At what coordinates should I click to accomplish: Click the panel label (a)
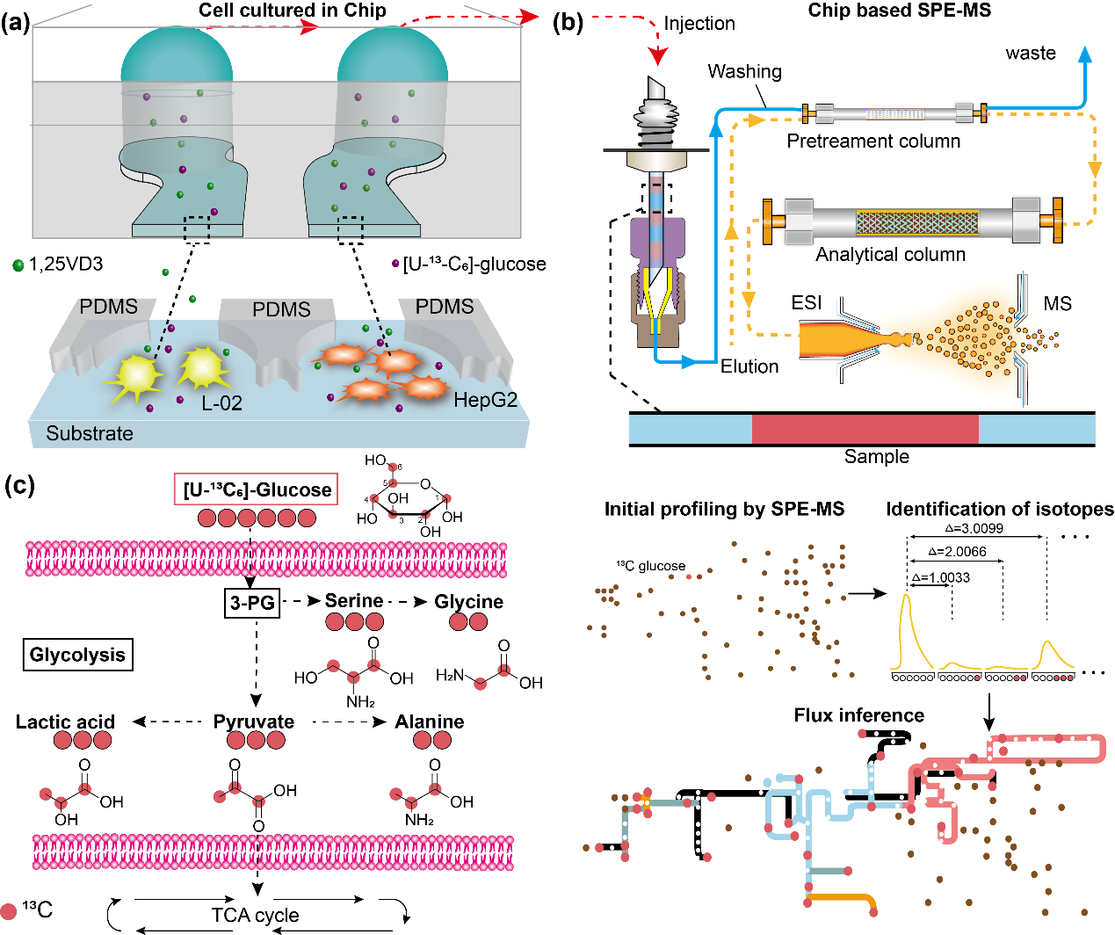click(17, 23)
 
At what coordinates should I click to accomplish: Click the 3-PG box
click(252, 602)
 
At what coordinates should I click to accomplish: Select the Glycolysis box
click(77, 655)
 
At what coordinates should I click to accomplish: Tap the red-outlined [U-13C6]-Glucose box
click(257, 489)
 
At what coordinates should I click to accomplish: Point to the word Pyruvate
click(254, 721)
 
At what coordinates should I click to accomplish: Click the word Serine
click(354, 601)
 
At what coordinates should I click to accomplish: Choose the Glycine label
click(469, 602)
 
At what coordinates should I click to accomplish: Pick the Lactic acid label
click(65, 721)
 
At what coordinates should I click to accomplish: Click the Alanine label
click(430, 721)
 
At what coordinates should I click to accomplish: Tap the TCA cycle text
click(255, 915)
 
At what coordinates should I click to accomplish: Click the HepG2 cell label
click(485, 401)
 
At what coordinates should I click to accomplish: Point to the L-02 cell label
click(221, 403)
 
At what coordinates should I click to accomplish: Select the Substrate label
click(90, 433)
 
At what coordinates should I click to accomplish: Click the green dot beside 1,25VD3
click(18, 265)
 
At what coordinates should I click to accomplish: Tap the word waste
click(1031, 53)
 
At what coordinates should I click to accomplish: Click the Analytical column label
click(890, 255)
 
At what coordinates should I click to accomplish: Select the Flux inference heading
click(858, 715)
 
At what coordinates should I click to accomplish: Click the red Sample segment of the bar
click(865, 429)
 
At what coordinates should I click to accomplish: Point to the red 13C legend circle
click(10, 911)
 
